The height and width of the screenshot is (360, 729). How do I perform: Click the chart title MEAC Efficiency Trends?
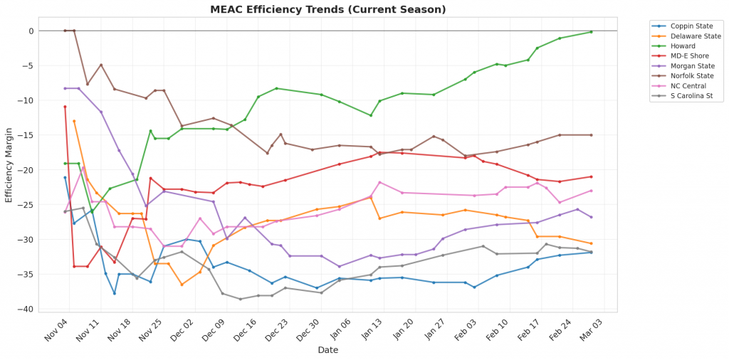pos(328,9)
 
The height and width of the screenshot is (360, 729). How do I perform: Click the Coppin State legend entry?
pos(688,26)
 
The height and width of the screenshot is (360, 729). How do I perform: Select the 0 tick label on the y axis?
pos(31,31)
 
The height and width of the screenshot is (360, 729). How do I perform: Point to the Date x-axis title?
pos(328,350)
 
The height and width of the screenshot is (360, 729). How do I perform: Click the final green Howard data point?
pos(591,32)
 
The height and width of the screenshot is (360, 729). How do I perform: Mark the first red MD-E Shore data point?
pos(65,107)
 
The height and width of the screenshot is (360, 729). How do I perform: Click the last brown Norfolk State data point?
pos(591,135)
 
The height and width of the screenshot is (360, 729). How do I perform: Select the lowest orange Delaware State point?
pos(182,285)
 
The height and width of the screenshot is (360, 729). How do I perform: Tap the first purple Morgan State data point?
pos(65,88)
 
